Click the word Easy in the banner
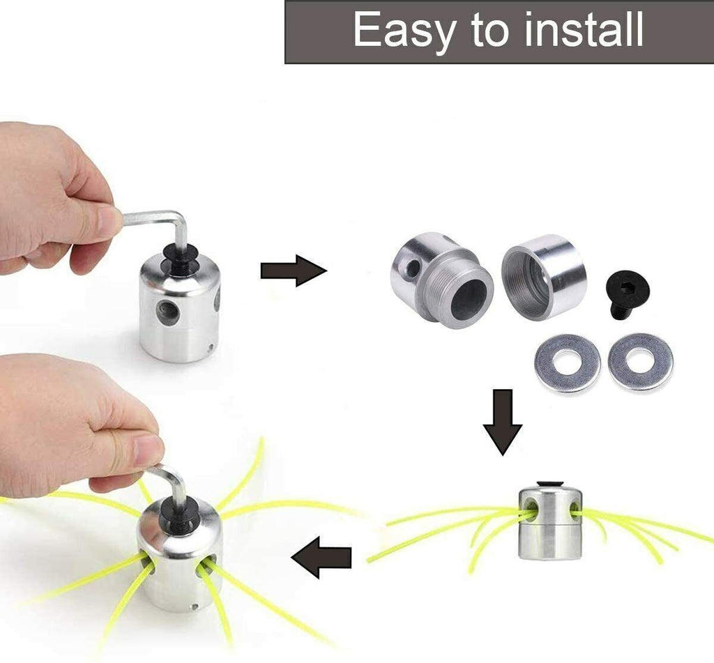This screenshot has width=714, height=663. coord(404,31)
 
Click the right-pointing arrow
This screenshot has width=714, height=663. coord(294,270)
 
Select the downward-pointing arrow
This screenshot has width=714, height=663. coord(503,422)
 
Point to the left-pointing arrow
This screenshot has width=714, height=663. coord(321,557)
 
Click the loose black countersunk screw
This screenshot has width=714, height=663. coord(627,296)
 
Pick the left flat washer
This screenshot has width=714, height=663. coord(567,363)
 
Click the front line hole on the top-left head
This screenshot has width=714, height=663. coord(167,312)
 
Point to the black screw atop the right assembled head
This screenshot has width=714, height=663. coord(549,484)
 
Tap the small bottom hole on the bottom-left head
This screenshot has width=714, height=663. coord(195,607)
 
